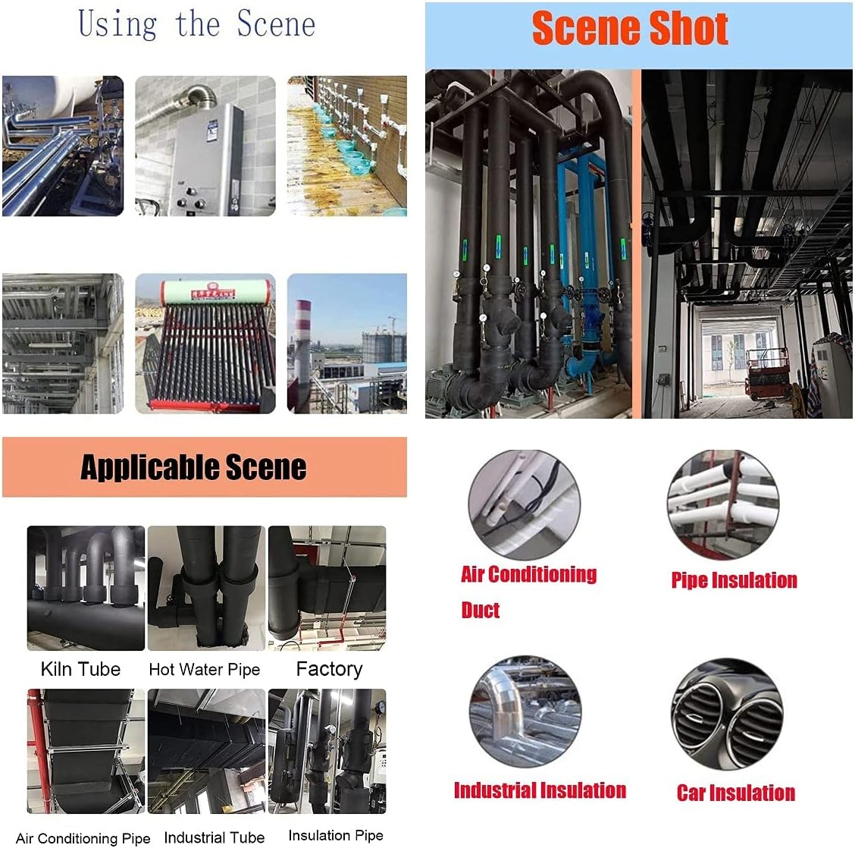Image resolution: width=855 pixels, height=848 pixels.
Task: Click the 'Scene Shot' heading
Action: [630, 29]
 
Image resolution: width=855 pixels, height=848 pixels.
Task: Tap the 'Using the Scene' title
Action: [197, 24]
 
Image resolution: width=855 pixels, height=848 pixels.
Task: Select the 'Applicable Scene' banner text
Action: [193, 467]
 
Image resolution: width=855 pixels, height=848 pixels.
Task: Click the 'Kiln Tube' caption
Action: [80, 669]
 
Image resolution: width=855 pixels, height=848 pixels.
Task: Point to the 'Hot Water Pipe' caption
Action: [204, 670]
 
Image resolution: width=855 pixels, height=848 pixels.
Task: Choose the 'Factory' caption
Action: [329, 669]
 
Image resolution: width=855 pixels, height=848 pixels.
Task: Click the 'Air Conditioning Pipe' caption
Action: [83, 838]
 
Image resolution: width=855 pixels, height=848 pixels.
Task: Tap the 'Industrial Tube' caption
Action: [214, 837]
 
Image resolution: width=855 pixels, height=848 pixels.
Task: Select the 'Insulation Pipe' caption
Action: [336, 836]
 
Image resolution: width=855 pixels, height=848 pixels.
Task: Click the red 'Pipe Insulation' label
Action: [734, 580]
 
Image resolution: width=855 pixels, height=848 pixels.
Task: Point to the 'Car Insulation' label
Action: [736, 793]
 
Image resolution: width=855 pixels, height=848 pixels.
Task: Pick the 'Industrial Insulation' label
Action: [540, 790]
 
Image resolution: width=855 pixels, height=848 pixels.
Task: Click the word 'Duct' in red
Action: [481, 611]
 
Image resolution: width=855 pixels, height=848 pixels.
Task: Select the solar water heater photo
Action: [205, 344]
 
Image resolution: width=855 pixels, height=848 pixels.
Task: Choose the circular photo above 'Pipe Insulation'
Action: [723, 504]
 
